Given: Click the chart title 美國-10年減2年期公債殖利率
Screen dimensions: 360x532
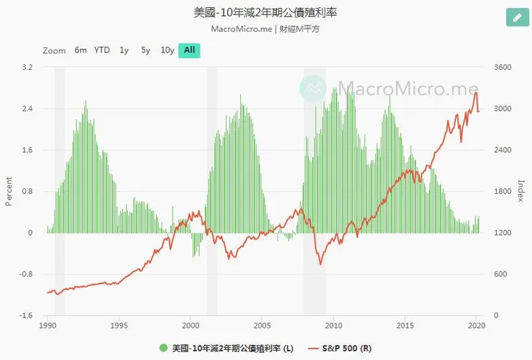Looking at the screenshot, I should tap(266, 13).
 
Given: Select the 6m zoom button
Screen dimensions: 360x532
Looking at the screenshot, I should tap(81, 50).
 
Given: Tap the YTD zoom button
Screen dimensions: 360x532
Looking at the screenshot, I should tap(102, 50).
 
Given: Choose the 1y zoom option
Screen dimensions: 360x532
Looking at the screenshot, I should tap(124, 50).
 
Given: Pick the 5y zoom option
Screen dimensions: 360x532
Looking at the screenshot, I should tap(145, 50).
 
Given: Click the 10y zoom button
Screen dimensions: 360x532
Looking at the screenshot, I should tap(167, 50).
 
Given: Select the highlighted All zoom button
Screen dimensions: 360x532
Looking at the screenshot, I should tap(189, 50).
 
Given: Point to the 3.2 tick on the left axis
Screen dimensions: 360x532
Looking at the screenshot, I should tap(27, 68).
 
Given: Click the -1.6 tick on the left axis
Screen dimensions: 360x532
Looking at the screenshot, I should tap(26, 315).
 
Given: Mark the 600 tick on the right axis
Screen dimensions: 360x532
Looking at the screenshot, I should tap(499, 274).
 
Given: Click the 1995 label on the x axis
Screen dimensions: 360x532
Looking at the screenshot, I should tap(119, 326).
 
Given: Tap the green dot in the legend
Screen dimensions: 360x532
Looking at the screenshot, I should tap(163, 349).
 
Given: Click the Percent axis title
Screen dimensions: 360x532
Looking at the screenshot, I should tap(9, 191).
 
